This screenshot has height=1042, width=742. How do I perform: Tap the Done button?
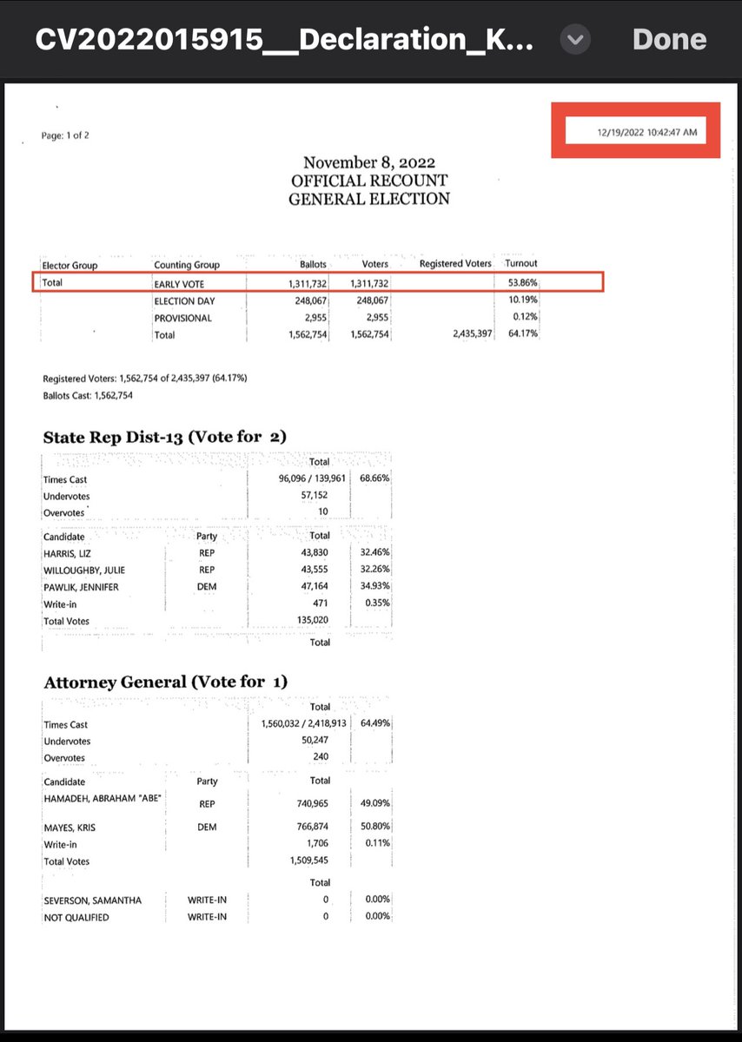(x=669, y=39)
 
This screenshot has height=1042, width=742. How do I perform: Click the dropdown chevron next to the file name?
(x=576, y=39)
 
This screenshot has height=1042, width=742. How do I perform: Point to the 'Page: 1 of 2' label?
(x=65, y=135)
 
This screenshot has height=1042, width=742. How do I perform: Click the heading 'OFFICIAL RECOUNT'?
(x=369, y=181)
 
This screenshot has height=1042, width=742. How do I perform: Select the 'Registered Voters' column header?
(x=455, y=263)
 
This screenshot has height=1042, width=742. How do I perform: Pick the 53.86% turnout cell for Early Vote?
(x=522, y=282)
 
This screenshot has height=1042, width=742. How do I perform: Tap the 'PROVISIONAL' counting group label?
(x=182, y=318)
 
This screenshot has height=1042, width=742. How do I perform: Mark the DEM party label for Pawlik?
(x=207, y=587)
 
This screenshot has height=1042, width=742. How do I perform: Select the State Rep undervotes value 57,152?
(x=314, y=495)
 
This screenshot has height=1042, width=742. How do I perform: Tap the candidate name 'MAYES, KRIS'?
(x=70, y=828)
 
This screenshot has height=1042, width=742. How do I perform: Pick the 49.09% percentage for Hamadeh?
(x=374, y=803)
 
